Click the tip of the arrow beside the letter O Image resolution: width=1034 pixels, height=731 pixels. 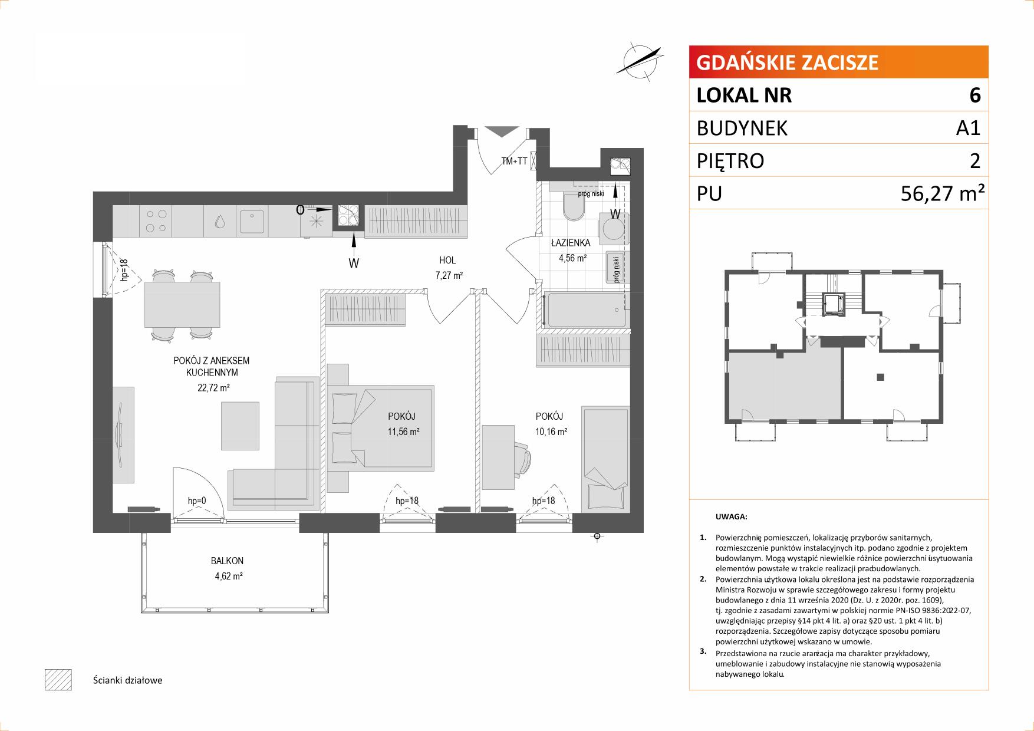pos(333,209)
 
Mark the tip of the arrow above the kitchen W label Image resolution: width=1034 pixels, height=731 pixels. pos(354,232)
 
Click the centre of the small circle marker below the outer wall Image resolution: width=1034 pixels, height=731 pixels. pos(597,536)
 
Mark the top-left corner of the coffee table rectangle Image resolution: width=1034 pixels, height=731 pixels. pos(222,401)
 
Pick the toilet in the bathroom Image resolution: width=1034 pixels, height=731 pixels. pos(572,206)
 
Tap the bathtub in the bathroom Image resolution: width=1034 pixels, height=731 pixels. pos(585,309)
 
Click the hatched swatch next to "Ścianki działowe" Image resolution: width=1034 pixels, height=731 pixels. pos(58,680)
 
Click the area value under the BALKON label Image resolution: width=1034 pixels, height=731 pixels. pos(229,576)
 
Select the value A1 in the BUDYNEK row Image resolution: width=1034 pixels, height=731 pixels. pos(968,128)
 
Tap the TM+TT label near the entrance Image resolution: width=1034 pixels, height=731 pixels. pos(514,160)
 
